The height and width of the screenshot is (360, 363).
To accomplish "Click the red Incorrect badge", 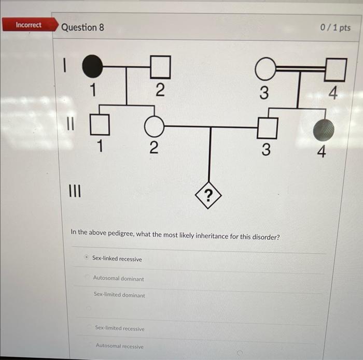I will [29, 25].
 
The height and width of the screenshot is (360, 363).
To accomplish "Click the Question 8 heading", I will [82, 27].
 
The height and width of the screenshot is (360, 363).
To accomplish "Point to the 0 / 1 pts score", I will [336, 27].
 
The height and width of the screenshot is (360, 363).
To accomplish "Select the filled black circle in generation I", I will [92, 66].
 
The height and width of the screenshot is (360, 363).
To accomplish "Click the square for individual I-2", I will [160, 66].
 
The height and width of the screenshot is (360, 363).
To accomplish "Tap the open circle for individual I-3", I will [265, 67].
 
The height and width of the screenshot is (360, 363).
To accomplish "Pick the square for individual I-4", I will [336, 69].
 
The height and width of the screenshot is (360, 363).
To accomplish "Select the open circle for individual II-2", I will [154, 126].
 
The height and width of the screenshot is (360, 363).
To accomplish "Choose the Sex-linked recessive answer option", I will [117, 259].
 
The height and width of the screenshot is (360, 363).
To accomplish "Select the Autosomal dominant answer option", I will [118, 279].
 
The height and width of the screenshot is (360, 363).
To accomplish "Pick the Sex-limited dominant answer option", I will [119, 295].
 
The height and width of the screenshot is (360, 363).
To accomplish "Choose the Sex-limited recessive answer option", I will [120, 328].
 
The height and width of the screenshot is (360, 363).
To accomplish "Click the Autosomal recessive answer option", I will [119, 346].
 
